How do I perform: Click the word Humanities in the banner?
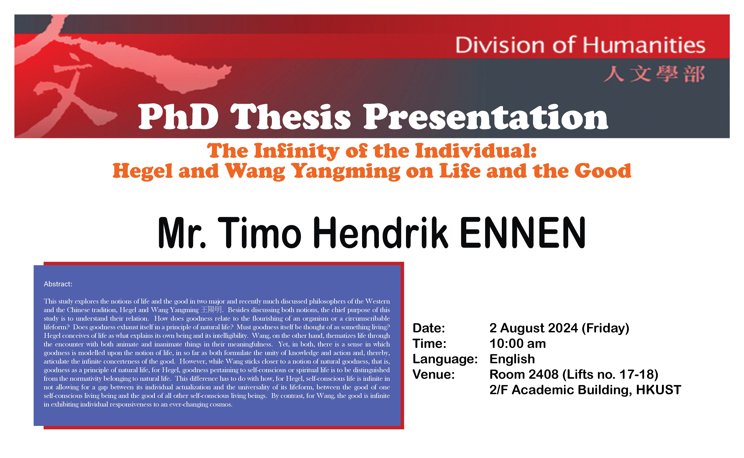point(644,45)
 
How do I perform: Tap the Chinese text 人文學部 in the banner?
point(654,74)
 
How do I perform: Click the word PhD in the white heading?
point(178,117)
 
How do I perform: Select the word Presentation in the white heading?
point(486,117)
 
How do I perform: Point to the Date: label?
point(429,328)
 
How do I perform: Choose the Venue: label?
point(433,374)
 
